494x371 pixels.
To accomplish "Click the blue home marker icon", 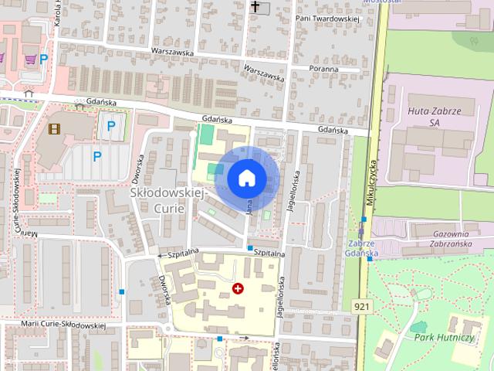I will [x=246, y=178].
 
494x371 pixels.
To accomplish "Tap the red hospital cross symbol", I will [x=239, y=288].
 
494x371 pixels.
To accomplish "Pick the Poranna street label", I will [x=321, y=69].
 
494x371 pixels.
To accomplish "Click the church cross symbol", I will [x=255, y=7].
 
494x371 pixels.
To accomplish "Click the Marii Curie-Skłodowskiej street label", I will [x=65, y=325].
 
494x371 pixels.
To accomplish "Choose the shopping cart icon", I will [x=29, y=58].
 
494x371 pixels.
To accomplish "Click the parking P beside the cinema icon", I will [x=111, y=126].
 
